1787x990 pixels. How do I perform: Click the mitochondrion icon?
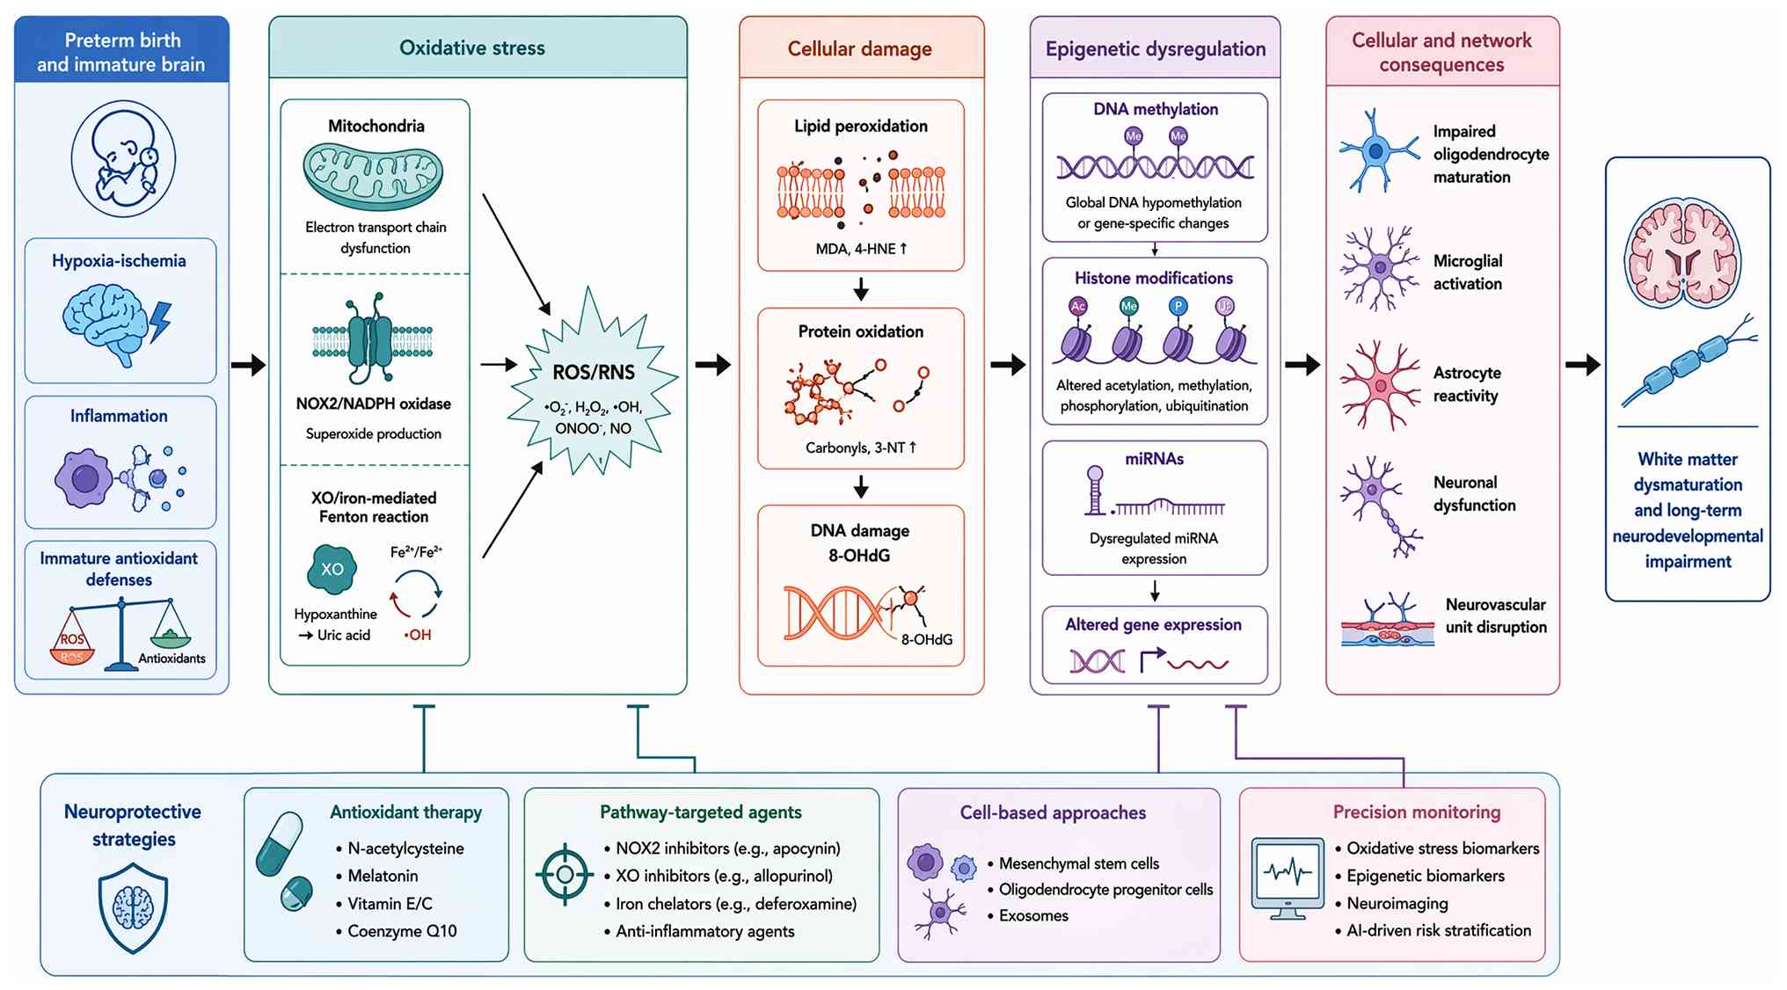(373, 176)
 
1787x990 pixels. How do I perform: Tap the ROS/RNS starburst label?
(594, 372)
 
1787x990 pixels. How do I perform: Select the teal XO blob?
(332, 569)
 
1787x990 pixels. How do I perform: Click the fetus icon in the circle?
(123, 158)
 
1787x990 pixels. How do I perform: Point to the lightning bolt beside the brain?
(161, 322)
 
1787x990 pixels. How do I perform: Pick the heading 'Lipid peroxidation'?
(861, 126)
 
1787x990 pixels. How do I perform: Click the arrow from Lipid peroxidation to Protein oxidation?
(861, 288)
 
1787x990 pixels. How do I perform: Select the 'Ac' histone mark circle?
(1078, 306)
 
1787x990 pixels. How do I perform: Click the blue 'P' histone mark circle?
(1178, 306)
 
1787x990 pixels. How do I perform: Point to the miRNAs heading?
(1155, 459)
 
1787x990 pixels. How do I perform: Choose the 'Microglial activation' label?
(1468, 273)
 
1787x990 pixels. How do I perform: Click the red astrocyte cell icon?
(1379, 385)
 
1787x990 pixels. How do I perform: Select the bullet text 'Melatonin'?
(383, 876)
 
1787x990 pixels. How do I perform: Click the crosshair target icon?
(565, 874)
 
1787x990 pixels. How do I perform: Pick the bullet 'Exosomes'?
(1033, 915)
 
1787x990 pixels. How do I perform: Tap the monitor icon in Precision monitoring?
(1287, 878)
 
